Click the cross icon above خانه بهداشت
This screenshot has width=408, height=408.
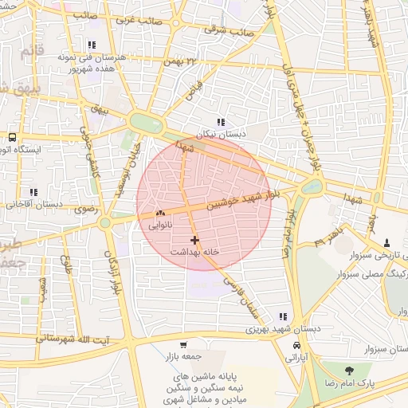[194, 239]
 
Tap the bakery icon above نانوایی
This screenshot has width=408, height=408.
[160, 214]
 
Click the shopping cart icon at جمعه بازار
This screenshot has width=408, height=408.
[184, 345]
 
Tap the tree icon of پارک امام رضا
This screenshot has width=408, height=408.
[349, 370]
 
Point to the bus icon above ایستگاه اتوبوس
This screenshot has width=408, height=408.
[12, 137]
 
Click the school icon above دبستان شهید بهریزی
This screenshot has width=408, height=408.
[282, 316]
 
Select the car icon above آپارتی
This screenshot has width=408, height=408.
[296, 347]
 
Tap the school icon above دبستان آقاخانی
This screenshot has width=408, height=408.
[33, 192]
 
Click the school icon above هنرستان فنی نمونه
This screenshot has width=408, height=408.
[92, 45]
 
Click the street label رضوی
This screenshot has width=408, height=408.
[85, 210]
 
